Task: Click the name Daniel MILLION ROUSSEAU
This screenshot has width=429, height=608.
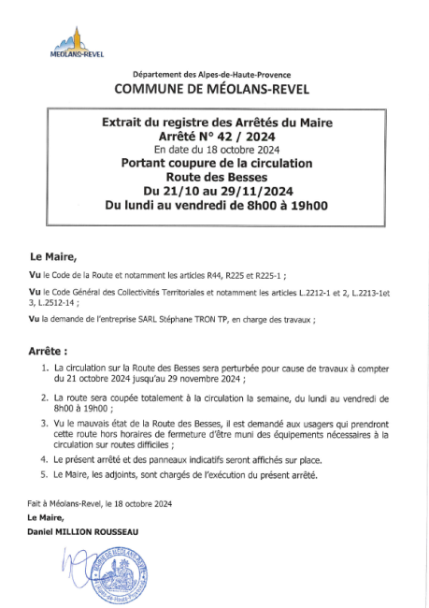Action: [83, 531]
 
